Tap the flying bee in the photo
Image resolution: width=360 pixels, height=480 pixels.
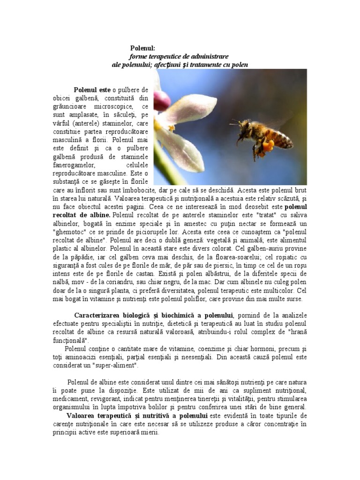click(x=258, y=136)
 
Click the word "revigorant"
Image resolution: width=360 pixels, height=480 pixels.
click(x=115, y=399)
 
